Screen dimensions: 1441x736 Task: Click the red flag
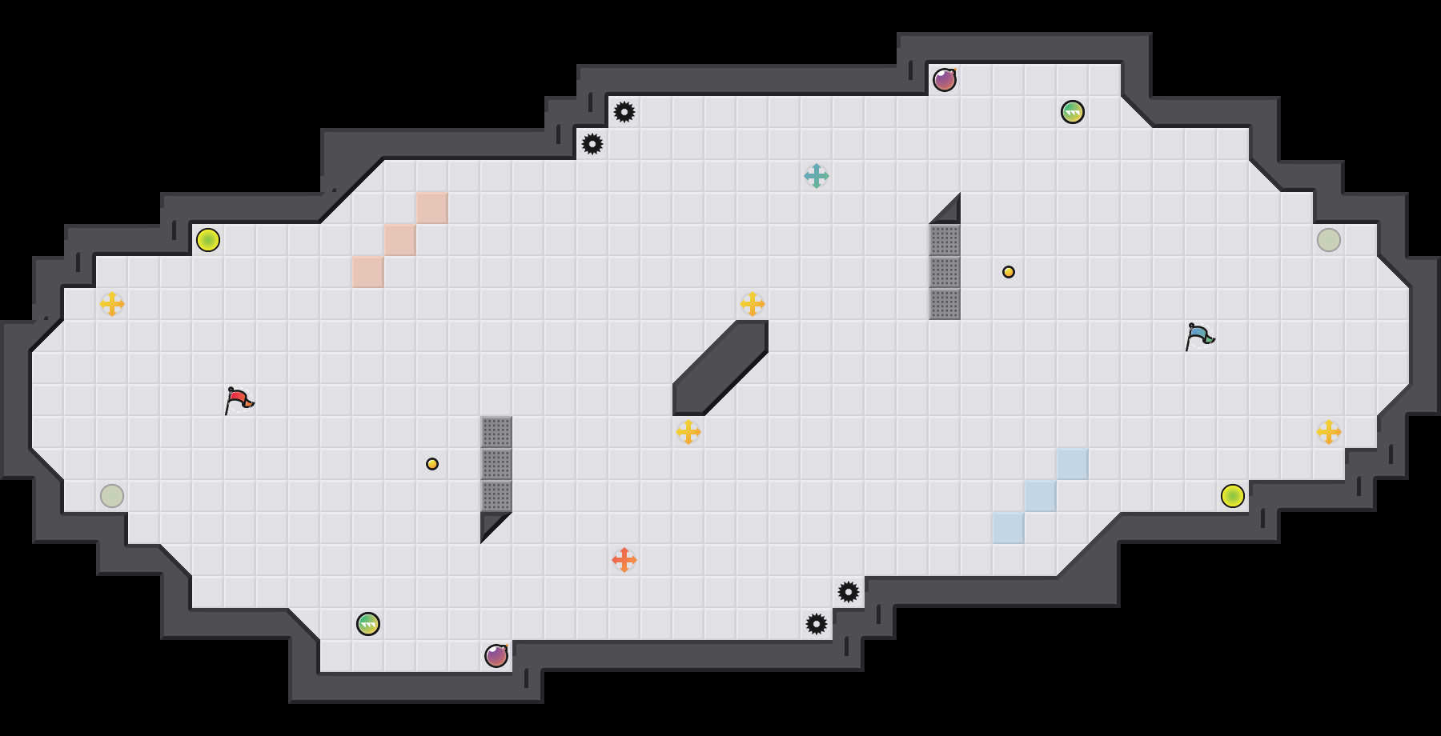238,399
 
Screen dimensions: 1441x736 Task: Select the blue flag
1198,335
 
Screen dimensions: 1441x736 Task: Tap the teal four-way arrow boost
817,176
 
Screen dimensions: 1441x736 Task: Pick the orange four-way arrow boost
624,560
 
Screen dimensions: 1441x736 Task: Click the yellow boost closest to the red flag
112,304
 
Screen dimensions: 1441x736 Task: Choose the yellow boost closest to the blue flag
1329,432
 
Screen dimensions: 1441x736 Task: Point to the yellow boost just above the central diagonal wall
753,304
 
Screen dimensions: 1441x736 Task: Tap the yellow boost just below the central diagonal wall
688,432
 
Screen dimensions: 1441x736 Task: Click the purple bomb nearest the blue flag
945,80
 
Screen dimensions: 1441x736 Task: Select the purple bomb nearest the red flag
496,656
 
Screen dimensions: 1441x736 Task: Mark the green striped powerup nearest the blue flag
1073,112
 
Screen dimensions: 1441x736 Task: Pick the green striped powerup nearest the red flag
368,624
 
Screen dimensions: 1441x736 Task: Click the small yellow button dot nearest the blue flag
1009,272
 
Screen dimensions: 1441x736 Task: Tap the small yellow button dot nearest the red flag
432,464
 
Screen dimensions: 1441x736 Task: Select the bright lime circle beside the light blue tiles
1233,496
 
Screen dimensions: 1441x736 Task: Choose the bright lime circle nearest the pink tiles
208,240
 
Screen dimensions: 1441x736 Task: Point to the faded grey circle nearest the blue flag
1329,240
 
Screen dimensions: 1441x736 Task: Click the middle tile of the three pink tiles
400,240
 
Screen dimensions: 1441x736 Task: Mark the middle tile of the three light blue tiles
1041,496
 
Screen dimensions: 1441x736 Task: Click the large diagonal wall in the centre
720,368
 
